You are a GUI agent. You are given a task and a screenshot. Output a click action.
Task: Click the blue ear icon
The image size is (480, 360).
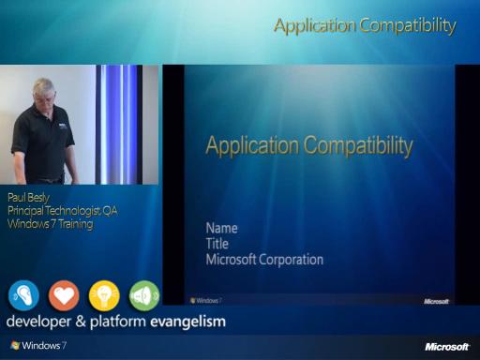click(x=23, y=295)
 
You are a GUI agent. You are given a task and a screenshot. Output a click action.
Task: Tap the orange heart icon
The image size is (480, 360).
click(x=64, y=295)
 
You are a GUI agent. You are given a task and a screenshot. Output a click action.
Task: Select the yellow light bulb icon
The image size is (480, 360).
click(x=104, y=295)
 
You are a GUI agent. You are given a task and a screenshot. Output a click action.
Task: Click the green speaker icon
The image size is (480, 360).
click(x=144, y=295)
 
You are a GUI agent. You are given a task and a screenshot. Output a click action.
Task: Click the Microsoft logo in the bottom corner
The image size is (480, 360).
click(x=447, y=347)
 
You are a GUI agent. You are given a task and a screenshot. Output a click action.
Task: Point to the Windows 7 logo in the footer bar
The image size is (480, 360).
click(x=38, y=345)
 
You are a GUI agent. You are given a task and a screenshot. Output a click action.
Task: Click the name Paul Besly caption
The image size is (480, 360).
click(x=28, y=198)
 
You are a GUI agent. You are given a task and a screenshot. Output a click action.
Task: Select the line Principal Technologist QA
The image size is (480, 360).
click(x=63, y=211)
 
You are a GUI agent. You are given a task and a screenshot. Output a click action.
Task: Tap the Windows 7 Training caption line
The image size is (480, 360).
click(x=51, y=224)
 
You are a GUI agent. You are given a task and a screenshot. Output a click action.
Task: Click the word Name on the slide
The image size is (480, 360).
click(x=221, y=228)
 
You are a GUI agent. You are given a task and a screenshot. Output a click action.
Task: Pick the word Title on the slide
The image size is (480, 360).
click(x=217, y=244)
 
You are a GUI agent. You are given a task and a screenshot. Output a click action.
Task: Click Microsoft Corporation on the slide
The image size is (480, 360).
click(x=264, y=260)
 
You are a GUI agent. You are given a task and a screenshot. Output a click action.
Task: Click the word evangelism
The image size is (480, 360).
click(x=188, y=322)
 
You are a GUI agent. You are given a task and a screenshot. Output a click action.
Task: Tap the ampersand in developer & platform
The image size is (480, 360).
click(x=81, y=322)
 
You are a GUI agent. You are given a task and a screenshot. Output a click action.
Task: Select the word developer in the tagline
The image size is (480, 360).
click(x=38, y=322)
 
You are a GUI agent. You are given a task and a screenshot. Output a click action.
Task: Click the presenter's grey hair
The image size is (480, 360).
click(x=44, y=85)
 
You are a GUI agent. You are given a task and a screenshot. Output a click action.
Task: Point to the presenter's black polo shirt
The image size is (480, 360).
click(x=43, y=142)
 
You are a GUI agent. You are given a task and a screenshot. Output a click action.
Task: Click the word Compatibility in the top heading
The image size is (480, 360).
click(x=408, y=26)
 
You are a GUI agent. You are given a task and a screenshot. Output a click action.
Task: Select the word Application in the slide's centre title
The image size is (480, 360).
click(x=252, y=146)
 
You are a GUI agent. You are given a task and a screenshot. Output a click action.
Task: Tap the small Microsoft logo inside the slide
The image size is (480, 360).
click(x=436, y=301)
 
